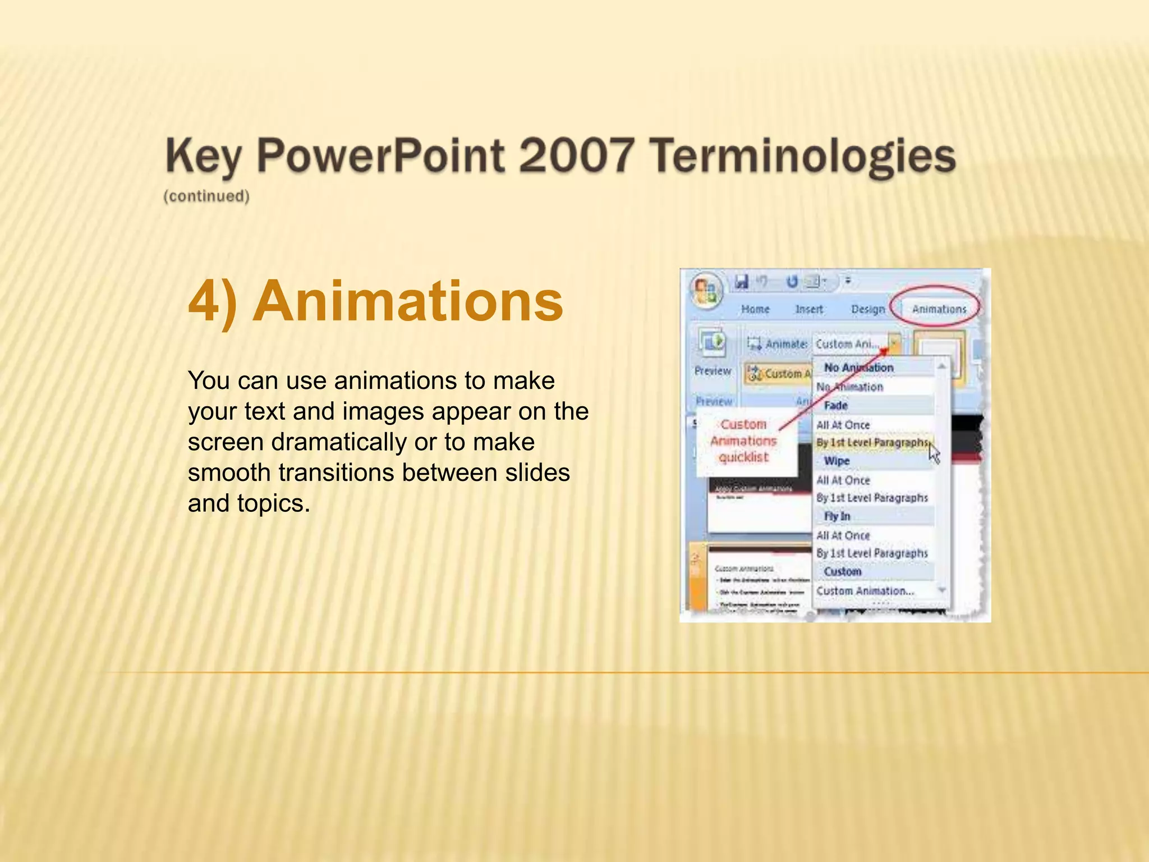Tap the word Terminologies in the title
click(802, 156)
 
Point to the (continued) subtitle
click(206, 196)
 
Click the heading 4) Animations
click(375, 301)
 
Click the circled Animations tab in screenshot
click(939, 309)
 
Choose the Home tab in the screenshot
click(755, 309)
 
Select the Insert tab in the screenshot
click(808, 309)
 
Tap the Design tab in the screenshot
click(867, 309)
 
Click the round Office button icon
click(706, 290)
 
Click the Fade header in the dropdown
click(835, 405)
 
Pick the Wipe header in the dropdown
click(837, 461)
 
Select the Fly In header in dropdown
click(837, 516)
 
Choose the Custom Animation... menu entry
click(865, 590)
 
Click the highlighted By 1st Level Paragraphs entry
click(872, 442)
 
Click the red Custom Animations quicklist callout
click(743, 441)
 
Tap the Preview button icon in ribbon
click(713, 342)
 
